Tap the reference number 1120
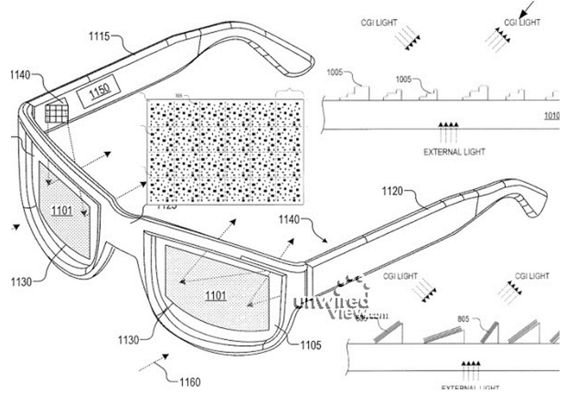click(x=393, y=191)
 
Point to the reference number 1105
click(x=310, y=345)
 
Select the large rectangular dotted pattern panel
click(x=225, y=151)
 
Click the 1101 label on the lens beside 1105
click(x=215, y=296)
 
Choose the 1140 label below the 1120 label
click(x=289, y=220)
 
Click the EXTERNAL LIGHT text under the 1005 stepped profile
click(x=454, y=152)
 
